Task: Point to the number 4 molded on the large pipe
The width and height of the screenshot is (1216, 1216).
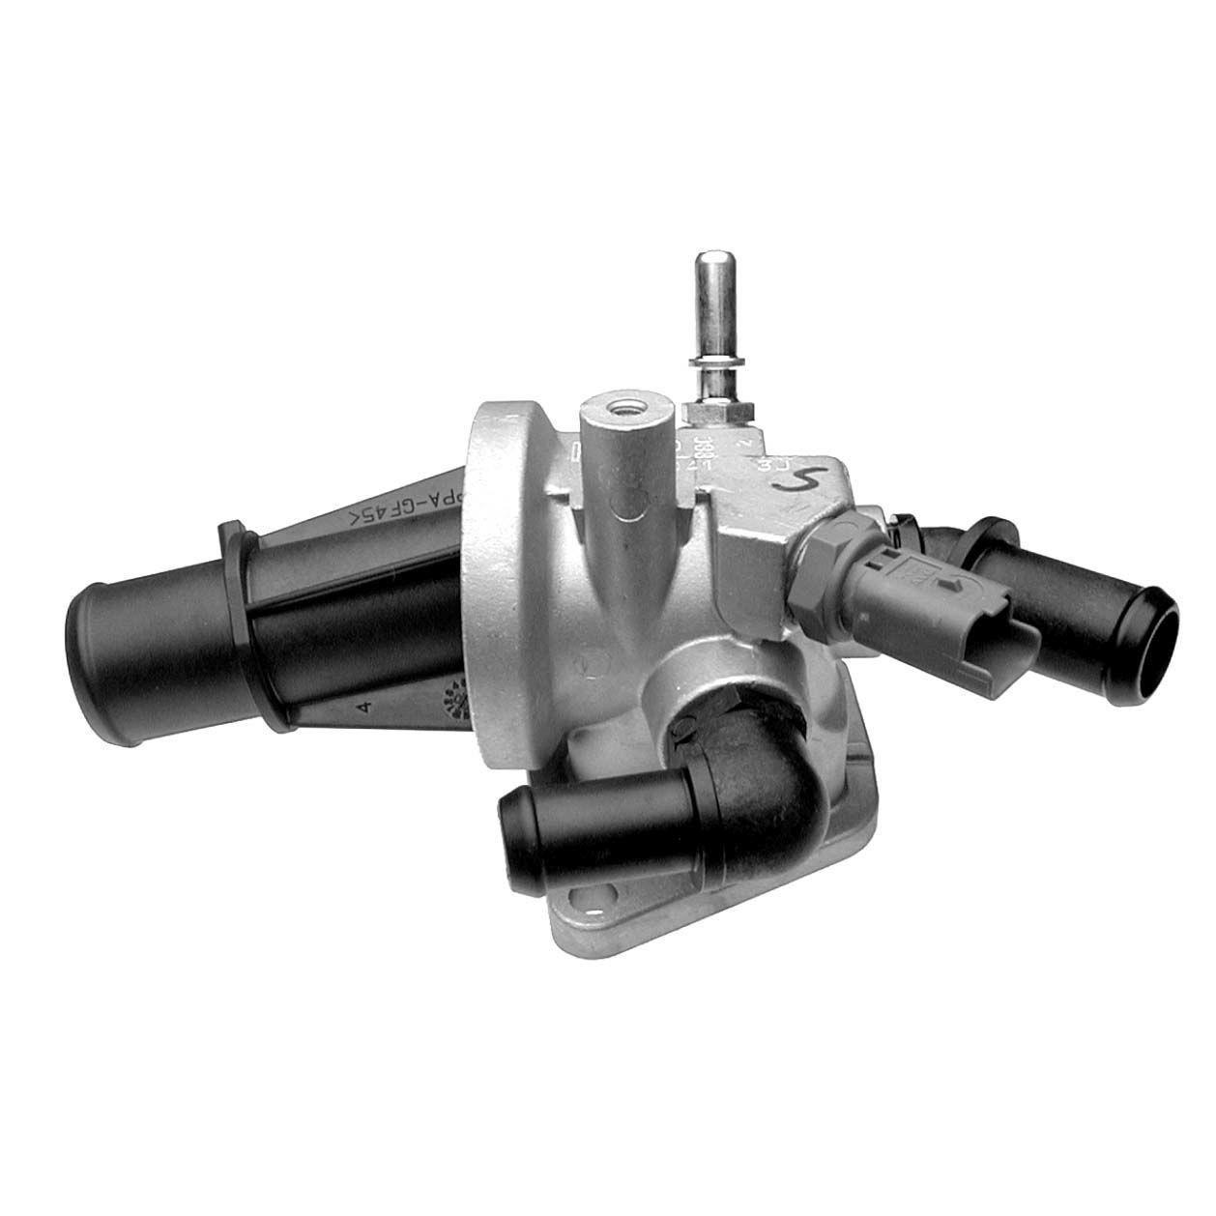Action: coord(363,709)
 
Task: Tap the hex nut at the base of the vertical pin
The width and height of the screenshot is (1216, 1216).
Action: coord(717,414)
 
